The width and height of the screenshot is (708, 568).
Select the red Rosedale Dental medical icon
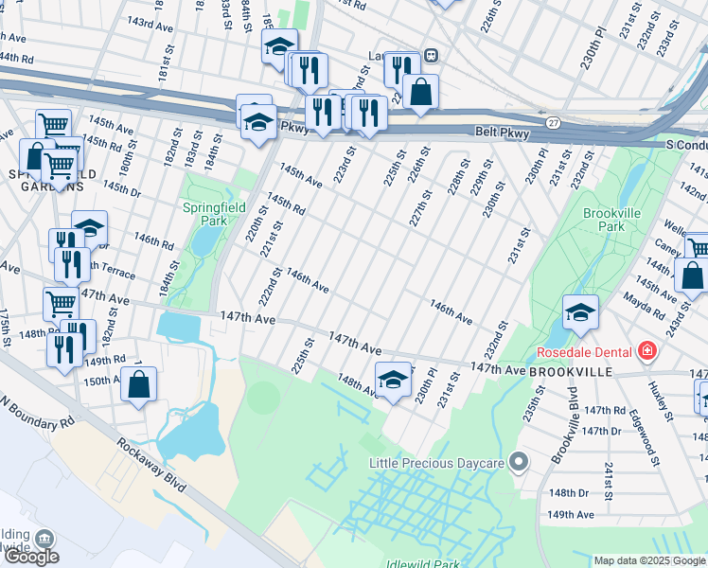point(646,352)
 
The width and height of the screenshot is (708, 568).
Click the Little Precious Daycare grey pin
point(518,463)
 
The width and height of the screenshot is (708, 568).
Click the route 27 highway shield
point(553,122)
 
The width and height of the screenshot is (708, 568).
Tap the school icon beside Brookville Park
point(580,313)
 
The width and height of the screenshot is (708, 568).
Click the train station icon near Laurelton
point(429,55)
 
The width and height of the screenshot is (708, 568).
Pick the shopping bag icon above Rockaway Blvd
point(139,385)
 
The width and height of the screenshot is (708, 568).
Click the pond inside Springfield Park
point(203,242)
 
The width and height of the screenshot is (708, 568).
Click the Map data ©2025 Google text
point(649,560)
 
